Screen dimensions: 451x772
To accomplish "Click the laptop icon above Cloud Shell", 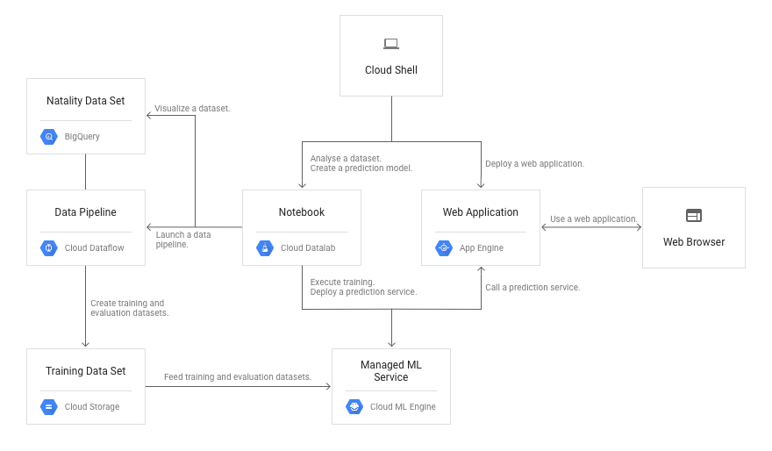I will (x=391, y=44).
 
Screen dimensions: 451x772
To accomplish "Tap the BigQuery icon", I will (x=48, y=136).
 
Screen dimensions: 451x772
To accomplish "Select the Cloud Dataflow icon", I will (x=48, y=248).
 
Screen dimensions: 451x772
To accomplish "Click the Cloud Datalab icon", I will (x=264, y=248).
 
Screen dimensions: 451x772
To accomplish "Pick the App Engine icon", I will (x=443, y=248).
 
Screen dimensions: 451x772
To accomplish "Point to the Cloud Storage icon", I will (x=48, y=406).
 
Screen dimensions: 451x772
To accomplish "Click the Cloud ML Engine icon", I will (x=354, y=406).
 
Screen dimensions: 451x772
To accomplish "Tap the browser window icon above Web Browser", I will (x=694, y=215).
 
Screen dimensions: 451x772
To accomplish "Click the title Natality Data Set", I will (x=85, y=101).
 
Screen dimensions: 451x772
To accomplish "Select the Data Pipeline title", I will (x=85, y=212).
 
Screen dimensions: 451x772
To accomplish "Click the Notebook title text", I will (x=301, y=212).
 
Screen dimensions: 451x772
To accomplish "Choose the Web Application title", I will (x=480, y=212).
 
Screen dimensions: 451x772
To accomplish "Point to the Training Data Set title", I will (x=85, y=371).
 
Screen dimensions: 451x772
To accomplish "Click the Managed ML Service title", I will (x=390, y=370).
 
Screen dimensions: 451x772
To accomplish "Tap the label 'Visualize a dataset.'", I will (x=192, y=109).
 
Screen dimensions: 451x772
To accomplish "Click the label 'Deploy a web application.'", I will (x=534, y=163).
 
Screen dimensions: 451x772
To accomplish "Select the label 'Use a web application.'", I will (x=591, y=218).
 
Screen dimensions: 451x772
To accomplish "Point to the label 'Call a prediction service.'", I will (x=533, y=287).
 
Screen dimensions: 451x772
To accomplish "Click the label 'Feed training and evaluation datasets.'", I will (x=238, y=376).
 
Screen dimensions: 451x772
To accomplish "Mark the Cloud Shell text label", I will (x=391, y=70).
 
